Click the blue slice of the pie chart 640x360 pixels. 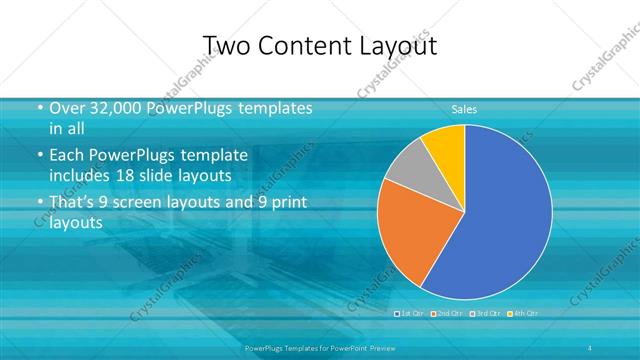point(500,220)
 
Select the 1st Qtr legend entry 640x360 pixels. point(410,313)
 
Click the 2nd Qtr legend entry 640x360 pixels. point(444,313)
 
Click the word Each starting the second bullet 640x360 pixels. point(65,155)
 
